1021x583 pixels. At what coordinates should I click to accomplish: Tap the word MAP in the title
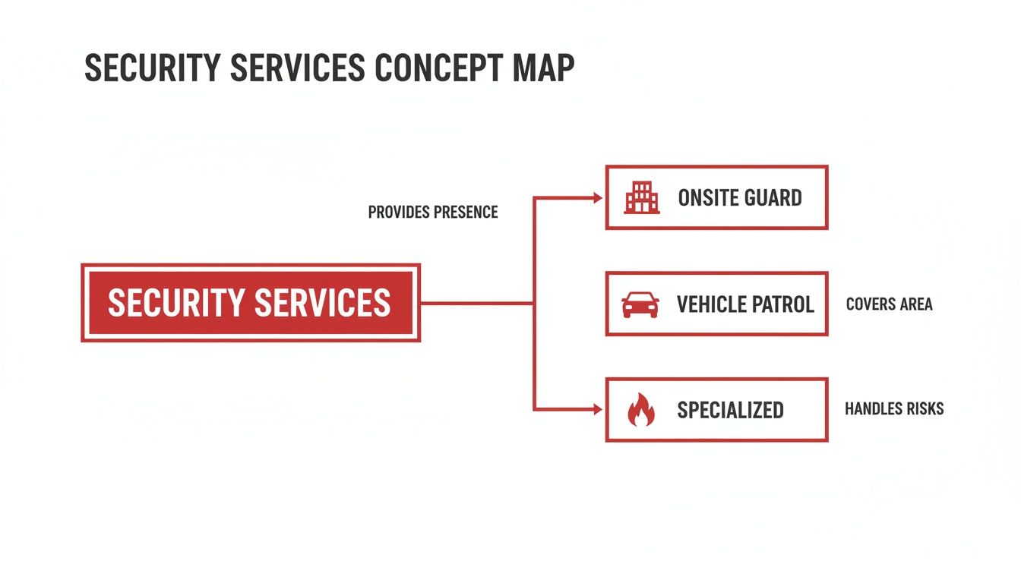[x=540, y=68]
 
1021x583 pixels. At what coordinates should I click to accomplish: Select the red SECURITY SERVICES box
[x=250, y=303]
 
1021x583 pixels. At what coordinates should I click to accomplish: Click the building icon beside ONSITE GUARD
[x=641, y=198]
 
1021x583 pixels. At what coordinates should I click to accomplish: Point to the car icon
[x=640, y=304]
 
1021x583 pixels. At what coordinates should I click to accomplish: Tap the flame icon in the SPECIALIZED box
[x=640, y=410]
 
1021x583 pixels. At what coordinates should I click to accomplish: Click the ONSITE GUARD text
[x=739, y=198]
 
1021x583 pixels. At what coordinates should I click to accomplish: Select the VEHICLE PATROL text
[x=744, y=304]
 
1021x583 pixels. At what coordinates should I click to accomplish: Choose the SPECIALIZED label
[x=729, y=410]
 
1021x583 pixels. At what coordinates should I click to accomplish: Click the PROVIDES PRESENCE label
[x=433, y=213]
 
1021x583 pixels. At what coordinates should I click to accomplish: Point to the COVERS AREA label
[x=889, y=304]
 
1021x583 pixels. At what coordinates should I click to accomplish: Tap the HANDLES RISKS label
[x=894, y=409]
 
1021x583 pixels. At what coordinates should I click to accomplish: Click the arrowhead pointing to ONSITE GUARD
[x=596, y=197]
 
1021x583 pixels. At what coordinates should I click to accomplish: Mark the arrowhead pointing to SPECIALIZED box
[x=596, y=409]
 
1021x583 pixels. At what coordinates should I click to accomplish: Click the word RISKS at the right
[x=923, y=409]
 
